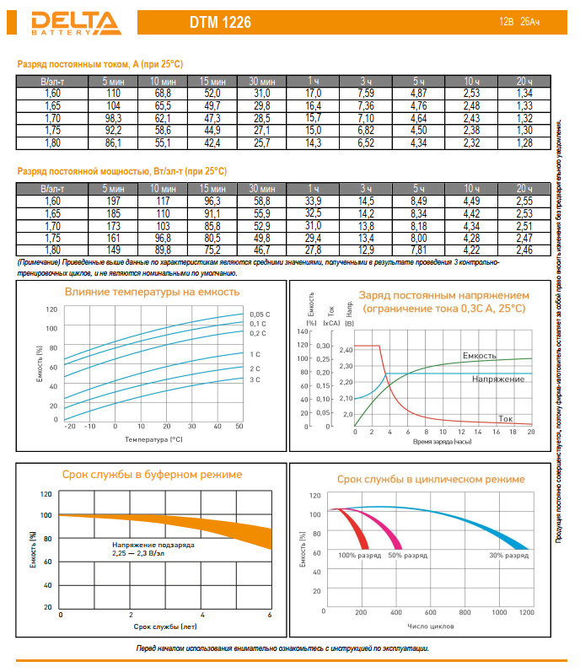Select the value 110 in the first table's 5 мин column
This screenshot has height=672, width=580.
(114, 92)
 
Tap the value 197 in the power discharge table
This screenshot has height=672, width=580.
(114, 200)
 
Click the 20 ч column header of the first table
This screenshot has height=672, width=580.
(524, 81)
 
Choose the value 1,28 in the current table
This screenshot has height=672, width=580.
(524, 144)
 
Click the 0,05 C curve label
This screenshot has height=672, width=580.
(260, 314)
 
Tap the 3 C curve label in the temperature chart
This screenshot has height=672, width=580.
(255, 380)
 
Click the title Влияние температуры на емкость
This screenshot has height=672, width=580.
(153, 292)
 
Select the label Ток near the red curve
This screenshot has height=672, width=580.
(505, 418)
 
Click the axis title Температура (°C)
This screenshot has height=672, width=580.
(153, 439)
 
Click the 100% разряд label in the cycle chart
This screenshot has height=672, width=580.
(358, 556)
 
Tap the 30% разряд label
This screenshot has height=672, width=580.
(509, 556)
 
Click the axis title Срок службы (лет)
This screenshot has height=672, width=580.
(165, 627)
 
